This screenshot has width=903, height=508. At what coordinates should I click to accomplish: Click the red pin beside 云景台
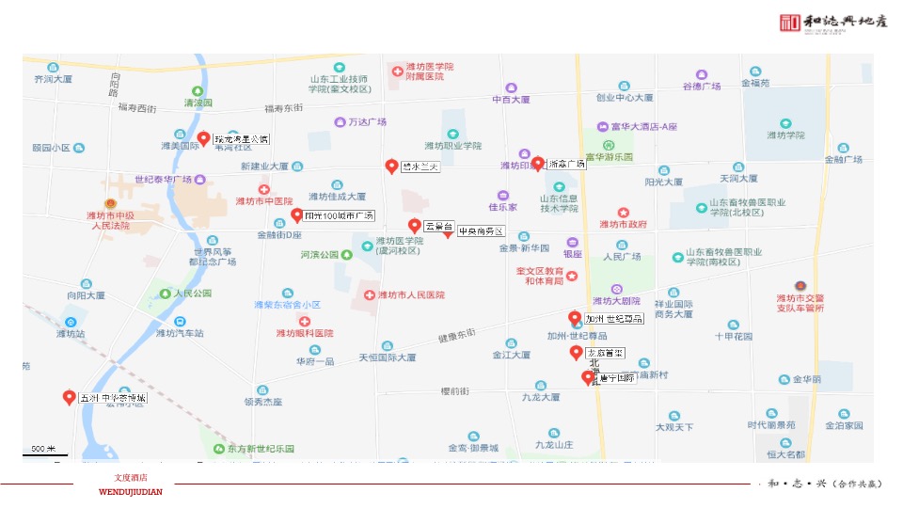414,226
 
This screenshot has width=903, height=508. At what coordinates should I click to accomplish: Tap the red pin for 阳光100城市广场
297,214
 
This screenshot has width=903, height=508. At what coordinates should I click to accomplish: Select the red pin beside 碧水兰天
392,167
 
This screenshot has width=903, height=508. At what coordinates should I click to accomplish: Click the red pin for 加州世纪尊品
575,318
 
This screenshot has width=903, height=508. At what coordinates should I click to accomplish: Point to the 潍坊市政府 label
624,224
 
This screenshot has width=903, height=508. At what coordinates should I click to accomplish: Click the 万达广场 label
368,122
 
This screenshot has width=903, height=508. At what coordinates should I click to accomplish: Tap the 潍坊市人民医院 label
411,295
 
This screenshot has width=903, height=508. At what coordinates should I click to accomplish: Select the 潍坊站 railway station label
71,333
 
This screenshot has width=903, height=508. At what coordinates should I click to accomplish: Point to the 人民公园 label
192,294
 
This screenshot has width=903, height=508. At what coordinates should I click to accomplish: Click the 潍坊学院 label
785,135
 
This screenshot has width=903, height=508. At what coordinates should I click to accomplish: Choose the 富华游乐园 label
609,157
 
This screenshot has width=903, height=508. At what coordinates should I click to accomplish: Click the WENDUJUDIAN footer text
131,492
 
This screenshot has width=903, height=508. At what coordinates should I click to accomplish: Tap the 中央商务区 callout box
481,231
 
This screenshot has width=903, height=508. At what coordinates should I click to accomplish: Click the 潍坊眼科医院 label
305,333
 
